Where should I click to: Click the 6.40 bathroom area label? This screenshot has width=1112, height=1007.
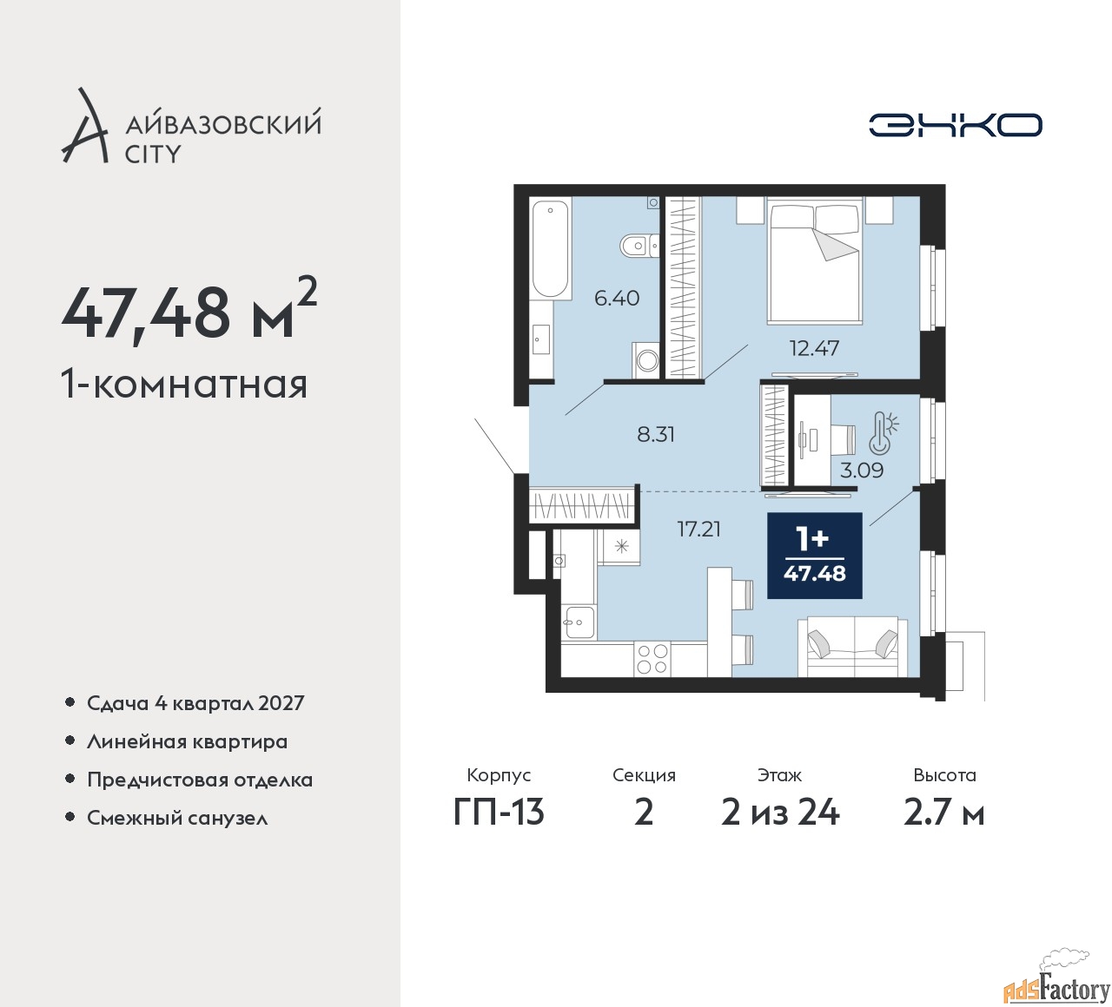click(617, 299)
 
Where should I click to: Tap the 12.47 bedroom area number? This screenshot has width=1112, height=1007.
click(814, 348)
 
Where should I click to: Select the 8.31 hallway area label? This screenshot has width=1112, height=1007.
click(656, 434)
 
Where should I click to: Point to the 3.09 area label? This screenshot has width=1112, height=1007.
click(862, 471)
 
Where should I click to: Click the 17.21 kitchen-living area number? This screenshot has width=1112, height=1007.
click(699, 529)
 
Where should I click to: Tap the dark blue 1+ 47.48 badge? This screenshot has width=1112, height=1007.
click(814, 556)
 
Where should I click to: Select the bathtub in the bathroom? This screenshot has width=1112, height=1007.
click(550, 250)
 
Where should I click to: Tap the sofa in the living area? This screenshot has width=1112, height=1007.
click(852, 648)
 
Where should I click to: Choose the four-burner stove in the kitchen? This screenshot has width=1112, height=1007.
click(652, 659)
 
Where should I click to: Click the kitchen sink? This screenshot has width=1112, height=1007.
click(579, 622)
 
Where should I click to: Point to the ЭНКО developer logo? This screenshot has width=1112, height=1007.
click(955, 125)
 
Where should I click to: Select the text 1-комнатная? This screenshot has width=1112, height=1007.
click(184, 385)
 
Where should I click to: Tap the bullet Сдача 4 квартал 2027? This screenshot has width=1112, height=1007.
click(195, 703)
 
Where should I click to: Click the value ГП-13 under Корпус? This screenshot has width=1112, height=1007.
click(499, 813)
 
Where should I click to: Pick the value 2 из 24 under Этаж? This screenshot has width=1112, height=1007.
click(780, 813)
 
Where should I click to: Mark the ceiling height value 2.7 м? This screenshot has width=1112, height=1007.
click(944, 813)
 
